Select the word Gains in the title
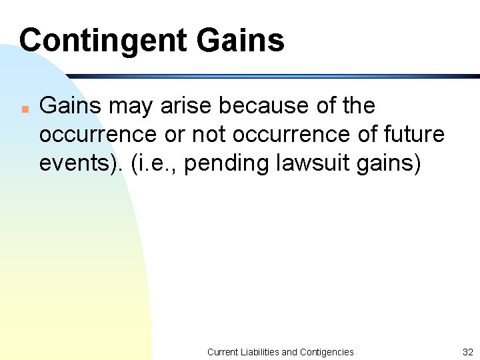[x=241, y=40]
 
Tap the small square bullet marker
[x=24, y=107]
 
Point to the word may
[x=125, y=107]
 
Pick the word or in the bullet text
[x=173, y=135]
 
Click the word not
[x=208, y=135]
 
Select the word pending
[x=220, y=164]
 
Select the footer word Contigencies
[x=327, y=351]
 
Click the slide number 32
[x=467, y=351]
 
